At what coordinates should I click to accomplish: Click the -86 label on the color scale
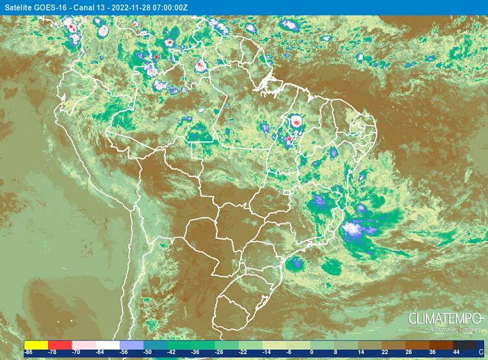(x=29, y=352)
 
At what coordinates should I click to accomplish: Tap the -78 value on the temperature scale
(x=52, y=352)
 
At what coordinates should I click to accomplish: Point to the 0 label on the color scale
(x=312, y=352)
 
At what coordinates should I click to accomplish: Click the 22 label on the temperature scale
(x=383, y=352)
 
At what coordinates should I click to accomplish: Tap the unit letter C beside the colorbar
(x=480, y=352)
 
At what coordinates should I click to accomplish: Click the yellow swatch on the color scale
(x=36, y=344)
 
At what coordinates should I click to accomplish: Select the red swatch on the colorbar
(x=59, y=344)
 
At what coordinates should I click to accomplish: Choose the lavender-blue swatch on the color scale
(x=131, y=344)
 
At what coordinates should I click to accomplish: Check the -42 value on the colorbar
(x=170, y=352)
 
